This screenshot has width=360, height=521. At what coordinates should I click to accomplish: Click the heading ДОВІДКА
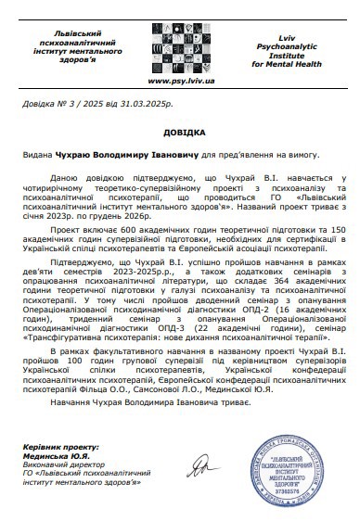[179, 132]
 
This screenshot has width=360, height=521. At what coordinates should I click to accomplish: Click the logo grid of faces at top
[179, 42]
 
